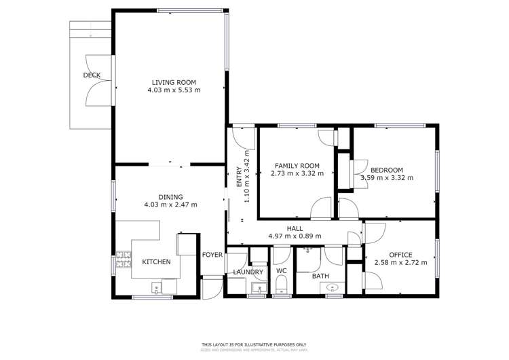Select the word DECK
point(92,75)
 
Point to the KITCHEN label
point(156,262)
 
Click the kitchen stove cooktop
point(124,261)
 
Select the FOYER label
point(212,255)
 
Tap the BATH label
point(321,276)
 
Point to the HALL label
point(295,229)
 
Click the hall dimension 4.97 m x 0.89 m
point(295,236)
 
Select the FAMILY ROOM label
point(297,165)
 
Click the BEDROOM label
point(387,170)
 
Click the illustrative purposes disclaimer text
point(254,344)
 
